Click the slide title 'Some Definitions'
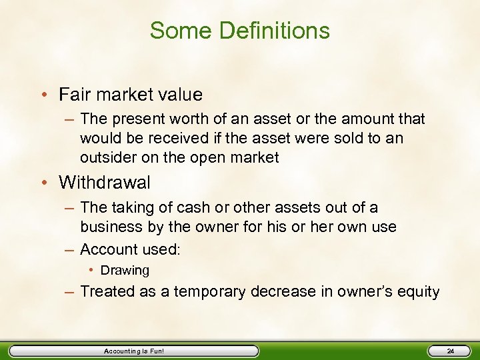(239, 31)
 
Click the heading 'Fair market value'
(131, 95)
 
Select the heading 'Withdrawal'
(105, 182)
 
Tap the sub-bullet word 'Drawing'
(125, 271)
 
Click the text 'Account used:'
(130, 249)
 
